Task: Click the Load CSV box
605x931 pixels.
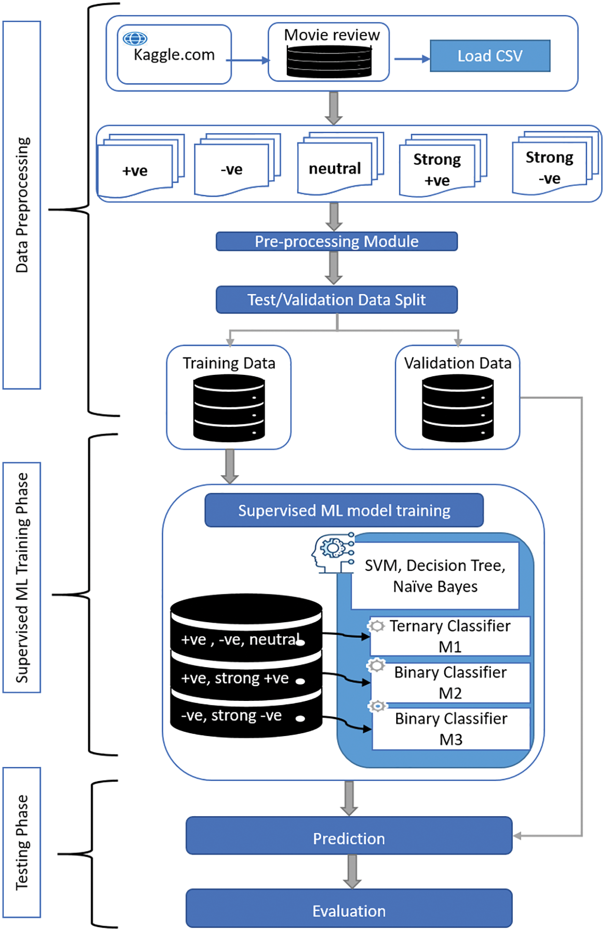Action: tap(490, 56)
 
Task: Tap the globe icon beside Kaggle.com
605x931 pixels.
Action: tap(135, 38)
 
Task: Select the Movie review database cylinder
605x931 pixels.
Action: tap(329, 61)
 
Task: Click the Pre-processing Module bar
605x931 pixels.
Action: tap(336, 241)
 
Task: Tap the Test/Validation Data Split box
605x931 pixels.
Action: tap(336, 300)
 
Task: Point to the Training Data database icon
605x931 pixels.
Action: tap(229, 409)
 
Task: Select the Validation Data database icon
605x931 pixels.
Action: tap(457, 409)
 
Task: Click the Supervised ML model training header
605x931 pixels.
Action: tap(344, 510)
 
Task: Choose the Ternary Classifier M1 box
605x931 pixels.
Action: tap(450, 636)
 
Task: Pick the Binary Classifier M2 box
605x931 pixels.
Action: tap(450, 682)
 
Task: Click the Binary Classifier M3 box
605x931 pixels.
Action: tap(451, 728)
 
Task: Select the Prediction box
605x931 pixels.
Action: tap(349, 838)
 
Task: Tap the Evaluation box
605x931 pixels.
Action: tap(349, 910)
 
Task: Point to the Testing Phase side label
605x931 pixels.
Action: tap(22, 842)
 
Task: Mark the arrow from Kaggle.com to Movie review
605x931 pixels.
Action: tap(248, 60)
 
